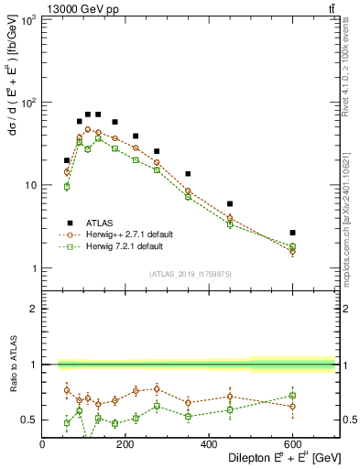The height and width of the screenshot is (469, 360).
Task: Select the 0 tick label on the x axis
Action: (43, 446)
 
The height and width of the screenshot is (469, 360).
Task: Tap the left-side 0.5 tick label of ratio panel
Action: (30, 420)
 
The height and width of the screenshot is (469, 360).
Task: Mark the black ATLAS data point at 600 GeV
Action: (292, 233)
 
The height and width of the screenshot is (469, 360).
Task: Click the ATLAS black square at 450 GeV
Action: (230, 203)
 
